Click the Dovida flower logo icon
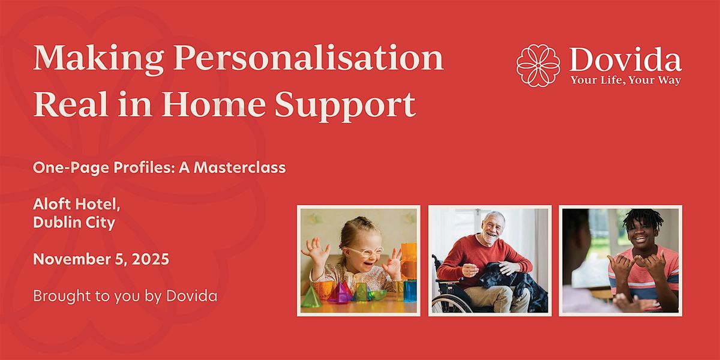[x=538, y=65]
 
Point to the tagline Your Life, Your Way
[x=625, y=80]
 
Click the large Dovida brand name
[x=625, y=60]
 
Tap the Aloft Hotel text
[x=77, y=204]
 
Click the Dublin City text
[x=74, y=223]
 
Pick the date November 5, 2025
[x=101, y=259]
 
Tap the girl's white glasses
[x=364, y=253]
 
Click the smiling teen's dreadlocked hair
[x=641, y=218]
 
